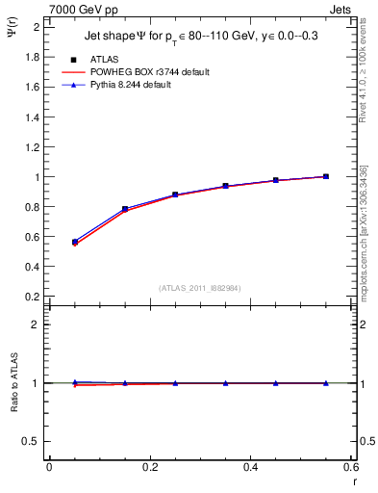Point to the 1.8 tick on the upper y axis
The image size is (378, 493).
(32, 56)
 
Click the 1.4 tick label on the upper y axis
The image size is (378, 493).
(32, 117)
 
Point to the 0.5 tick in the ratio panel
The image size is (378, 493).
(32, 441)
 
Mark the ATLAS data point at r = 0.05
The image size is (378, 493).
(75, 242)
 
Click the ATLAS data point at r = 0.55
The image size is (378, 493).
(326, 176)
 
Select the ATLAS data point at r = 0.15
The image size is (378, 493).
(125, 208)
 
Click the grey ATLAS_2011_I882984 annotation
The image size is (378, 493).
(200, 287)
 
